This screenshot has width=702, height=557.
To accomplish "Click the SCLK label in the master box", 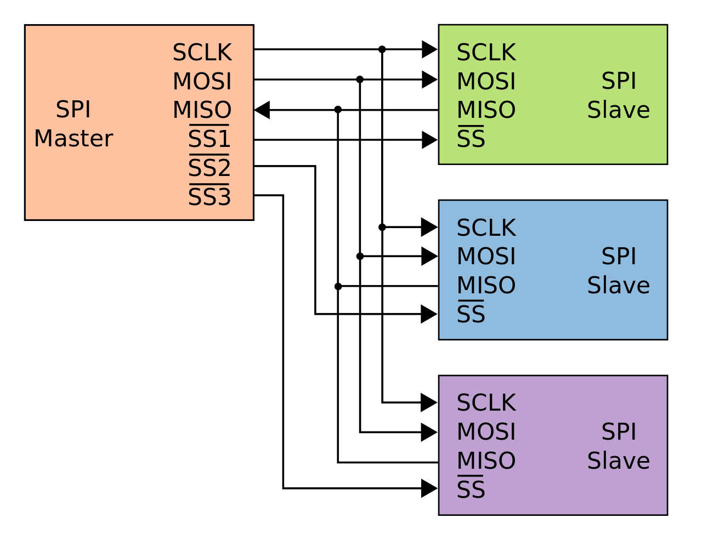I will (x=202, y=53).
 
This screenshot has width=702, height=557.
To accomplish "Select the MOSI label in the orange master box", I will (x=202, y=82).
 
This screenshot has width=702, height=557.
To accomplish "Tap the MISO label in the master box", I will (x=202, y=111).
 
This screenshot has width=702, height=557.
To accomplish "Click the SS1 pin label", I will (x=209, y=139).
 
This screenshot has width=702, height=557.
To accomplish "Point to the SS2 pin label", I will (x=209, y=168).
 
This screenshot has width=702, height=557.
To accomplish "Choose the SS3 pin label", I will (x=209, y=197).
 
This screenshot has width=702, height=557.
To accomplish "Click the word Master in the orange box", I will (x=73, y=139).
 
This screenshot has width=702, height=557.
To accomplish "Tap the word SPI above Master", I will (x=73, y=110).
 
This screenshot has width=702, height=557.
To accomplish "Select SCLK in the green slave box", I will (x=486, y=53).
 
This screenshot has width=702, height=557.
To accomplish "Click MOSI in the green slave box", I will (x=486, y=82).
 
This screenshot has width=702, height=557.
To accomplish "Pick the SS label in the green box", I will (x=471, y=139).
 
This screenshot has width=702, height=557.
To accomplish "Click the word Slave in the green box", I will (x=618, y=110).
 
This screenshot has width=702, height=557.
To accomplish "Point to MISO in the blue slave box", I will (x=486, y=286).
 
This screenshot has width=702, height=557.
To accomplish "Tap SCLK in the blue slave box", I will (x=486, y=228).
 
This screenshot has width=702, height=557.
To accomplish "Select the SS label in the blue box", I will (x=471, y=314).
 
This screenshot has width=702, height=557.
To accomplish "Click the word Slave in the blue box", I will (x=618, y=286).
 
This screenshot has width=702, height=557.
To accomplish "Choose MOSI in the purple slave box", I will (x=486, y=432).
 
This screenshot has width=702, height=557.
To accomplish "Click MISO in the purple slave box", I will (x=486, y=461).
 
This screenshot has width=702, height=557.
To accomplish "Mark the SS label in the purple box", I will (x=471, y=490).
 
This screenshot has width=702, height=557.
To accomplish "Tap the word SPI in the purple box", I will (x=619, y=432).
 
